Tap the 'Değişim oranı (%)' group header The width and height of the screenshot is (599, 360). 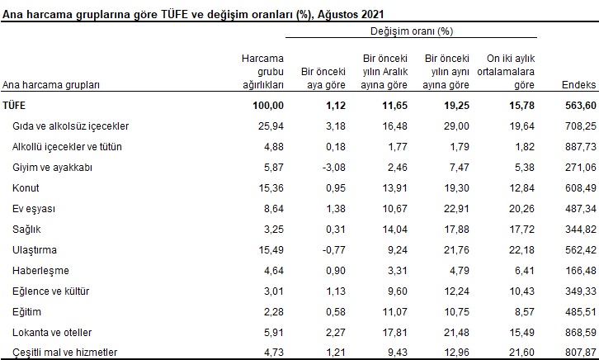coord(411,31)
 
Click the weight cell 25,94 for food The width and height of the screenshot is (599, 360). coord(270,126)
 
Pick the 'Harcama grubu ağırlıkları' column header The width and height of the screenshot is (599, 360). coord(262,72)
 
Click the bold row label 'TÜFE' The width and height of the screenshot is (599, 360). coord(14,105)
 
